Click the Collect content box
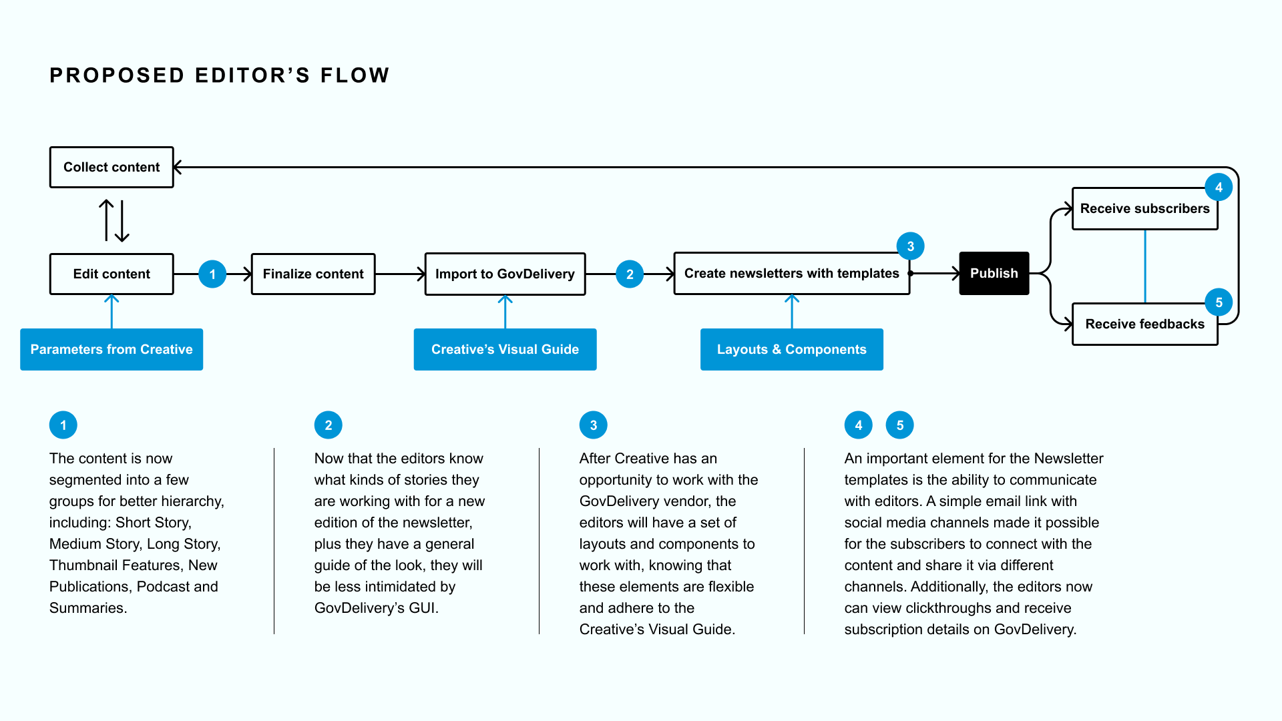pos(112,167)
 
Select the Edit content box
pos(112,274)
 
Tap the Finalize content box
pos(313,274)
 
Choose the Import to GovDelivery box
pos(505,274)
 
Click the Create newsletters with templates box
pos(792,273)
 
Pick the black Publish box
pos(994,273)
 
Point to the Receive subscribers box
pos(1145,209)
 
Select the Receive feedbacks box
pos(1145,324)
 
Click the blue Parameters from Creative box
pos(112,349)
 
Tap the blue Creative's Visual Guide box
pos(505,349)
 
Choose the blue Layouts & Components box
pos(792,349)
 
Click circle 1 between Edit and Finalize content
pos(212,274)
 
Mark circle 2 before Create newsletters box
pos(630,274)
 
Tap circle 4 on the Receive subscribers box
pos(1219,188)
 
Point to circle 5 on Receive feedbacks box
pos(1219,302)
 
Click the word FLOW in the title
pos(355,75)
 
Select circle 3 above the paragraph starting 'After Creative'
pos(594,425)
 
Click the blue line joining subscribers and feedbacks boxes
pos(1145,266)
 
